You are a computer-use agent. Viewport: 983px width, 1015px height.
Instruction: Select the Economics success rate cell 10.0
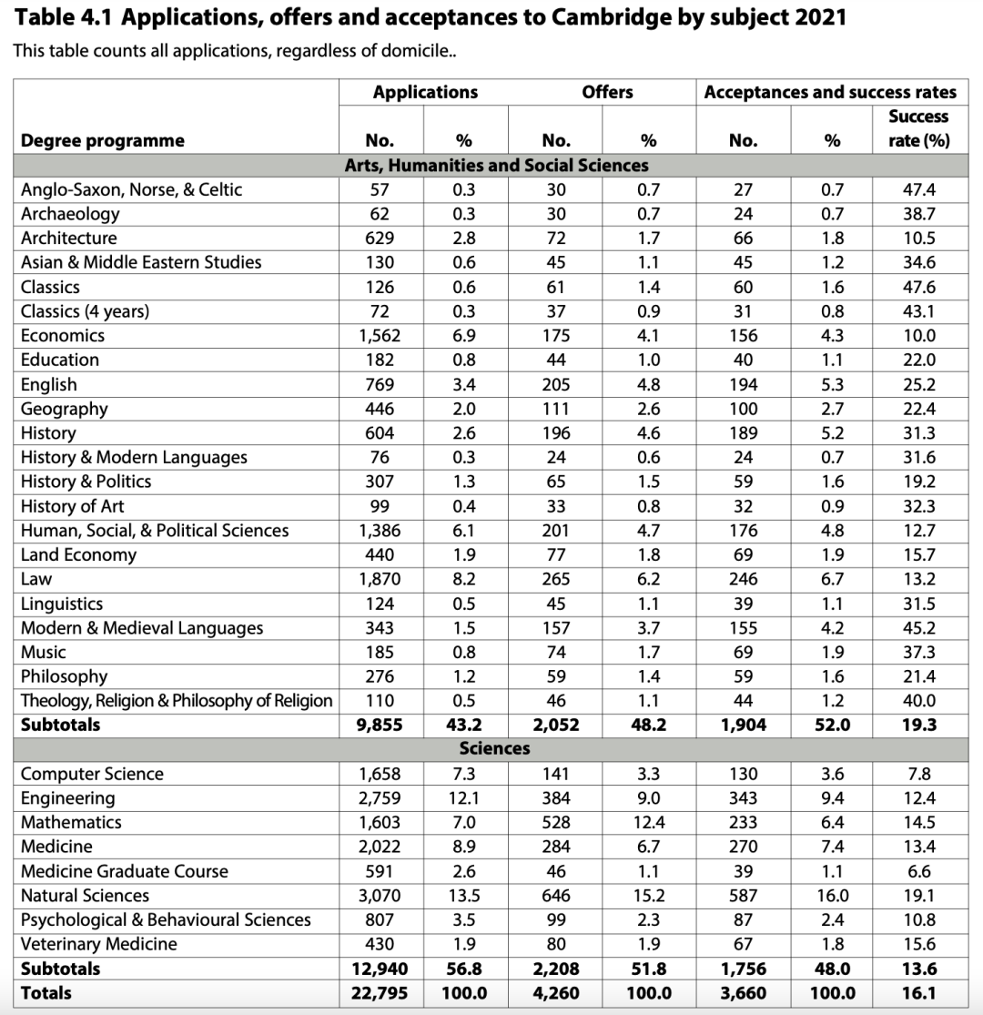point(918,335)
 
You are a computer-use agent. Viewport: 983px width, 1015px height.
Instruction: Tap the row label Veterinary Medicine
point(99,944)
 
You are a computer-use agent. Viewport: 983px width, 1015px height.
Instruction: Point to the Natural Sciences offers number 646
point(556,896)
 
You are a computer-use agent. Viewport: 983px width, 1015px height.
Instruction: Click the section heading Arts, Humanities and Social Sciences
point(496,166)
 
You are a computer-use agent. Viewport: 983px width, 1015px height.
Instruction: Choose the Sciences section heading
point(494,748)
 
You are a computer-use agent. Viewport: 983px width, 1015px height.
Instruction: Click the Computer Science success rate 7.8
point(918,774)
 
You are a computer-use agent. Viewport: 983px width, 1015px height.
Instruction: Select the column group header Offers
point(607,92)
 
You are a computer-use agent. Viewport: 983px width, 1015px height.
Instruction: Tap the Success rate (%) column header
point(918,128)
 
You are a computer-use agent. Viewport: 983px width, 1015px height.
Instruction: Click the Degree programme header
point(103,140)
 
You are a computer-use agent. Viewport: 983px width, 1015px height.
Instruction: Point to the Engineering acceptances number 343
point(743,798)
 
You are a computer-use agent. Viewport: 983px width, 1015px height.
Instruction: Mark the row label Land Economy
point(79,554)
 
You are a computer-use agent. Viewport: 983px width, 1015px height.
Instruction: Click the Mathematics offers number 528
point(556,822)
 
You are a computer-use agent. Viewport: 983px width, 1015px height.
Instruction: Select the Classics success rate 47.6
point(918,287)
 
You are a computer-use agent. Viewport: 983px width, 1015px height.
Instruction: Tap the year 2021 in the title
point(817,18)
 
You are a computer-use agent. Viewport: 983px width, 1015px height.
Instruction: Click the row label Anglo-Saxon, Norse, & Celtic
point(132,189)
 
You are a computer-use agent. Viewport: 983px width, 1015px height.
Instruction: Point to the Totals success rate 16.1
point(918,993)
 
